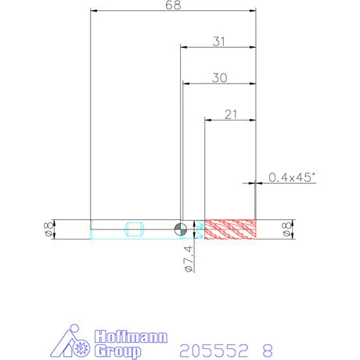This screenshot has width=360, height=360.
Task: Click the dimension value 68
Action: click(173, 5)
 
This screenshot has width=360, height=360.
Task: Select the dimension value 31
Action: click(218, 41)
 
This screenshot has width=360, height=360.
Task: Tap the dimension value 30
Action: click(220, 77)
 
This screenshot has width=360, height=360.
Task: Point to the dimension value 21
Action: click(231, 114)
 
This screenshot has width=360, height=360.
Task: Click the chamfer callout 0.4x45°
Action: click(292, 178)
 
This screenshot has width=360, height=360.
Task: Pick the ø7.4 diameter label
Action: click(189, 258)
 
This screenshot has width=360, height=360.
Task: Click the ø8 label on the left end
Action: click(49, 229)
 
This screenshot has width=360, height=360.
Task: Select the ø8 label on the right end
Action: click(287, 229)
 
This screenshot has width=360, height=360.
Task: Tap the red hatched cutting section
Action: click(230, 229)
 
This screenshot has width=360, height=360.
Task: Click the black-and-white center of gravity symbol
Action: click(181, 229)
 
